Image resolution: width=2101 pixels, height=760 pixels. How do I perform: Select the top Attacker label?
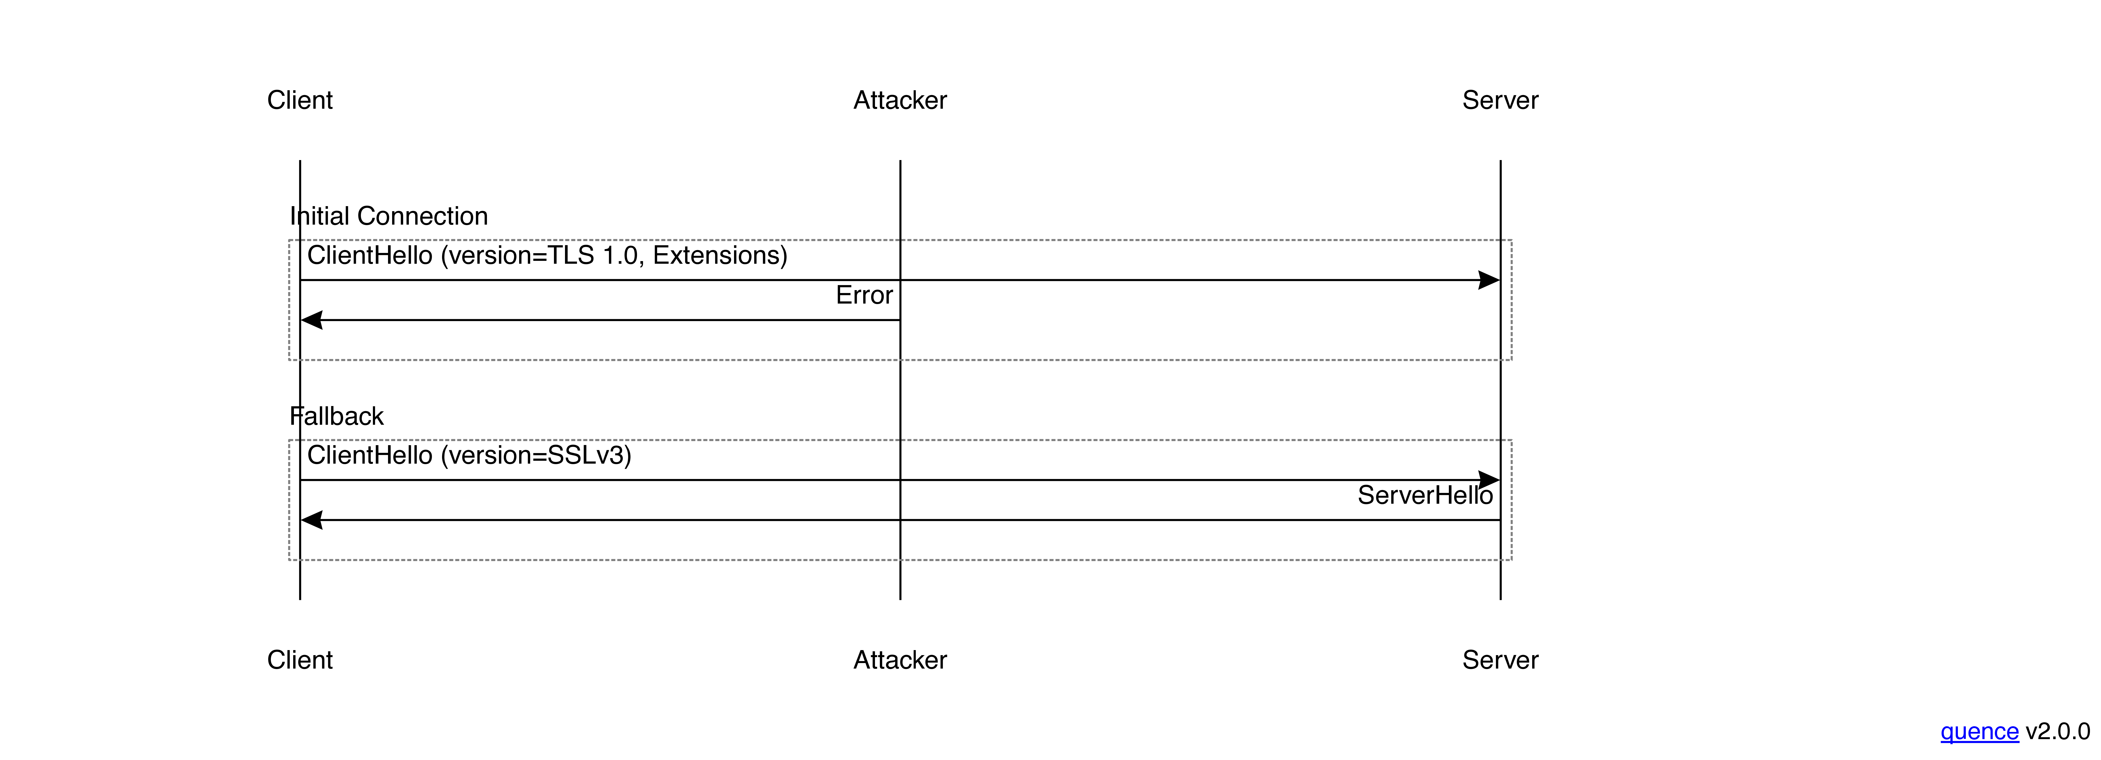tap(900, 100)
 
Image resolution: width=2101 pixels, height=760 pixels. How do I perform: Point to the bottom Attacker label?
tap(900, 660)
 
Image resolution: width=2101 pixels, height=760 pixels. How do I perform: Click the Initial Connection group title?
tap(389, 216)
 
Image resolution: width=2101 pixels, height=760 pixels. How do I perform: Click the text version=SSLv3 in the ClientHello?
tap(536, 455)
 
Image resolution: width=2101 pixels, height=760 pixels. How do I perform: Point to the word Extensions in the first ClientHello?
tap(715, 255)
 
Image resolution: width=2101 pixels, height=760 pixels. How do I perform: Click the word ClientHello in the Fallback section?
tap(370, 455)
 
